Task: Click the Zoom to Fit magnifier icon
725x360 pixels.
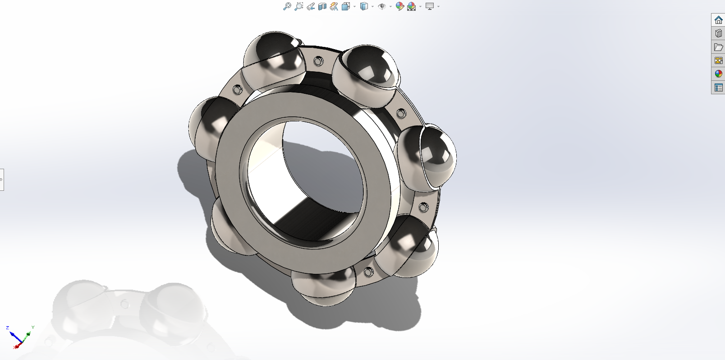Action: click(287, 6)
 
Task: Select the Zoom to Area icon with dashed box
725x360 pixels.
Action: click(299, 6)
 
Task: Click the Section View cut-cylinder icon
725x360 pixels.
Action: click(322, 6)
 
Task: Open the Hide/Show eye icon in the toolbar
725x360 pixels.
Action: click(382, 6)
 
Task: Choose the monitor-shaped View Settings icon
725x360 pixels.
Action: click(430, 6)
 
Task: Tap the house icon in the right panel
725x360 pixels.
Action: click(719, 20)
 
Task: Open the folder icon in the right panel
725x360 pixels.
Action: click(719, 47)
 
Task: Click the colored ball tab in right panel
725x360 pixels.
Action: click(719, 74)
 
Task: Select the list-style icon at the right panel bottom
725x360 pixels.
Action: click(719, 88)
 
